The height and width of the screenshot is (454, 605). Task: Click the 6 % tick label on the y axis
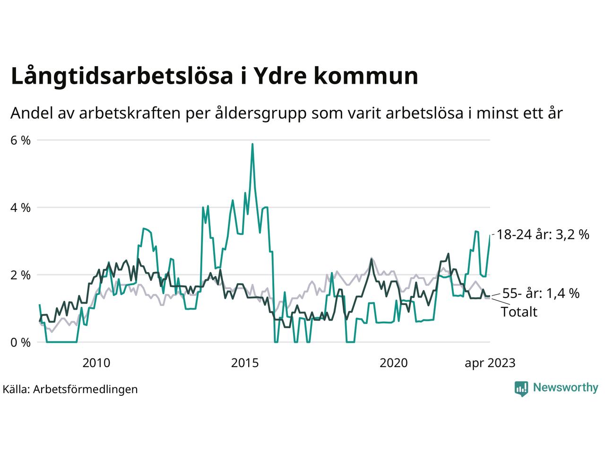click(x=20, y=140)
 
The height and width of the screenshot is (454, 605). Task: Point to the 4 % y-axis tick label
click(x=20, y=208)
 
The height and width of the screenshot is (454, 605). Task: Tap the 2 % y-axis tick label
click(x=20, y=275)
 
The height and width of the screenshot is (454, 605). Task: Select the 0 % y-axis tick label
click(x=20, y=342)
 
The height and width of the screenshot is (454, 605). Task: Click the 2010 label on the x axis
click(x=96, y=363)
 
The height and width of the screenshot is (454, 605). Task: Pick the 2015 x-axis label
click(x=245, y=363)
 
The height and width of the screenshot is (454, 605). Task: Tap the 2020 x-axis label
click(x=394, y=363)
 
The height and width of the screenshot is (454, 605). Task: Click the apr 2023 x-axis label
click(x=490, y=363)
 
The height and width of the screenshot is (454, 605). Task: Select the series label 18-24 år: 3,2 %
click(x=543, y=234)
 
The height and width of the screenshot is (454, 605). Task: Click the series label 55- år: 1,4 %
click(x=541, y=293)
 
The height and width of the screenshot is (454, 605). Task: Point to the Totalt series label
click(x=519, y=312)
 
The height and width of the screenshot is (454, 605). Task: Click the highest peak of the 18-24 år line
click(x=252, y=144)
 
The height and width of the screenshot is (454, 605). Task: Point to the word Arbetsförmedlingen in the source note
click(x=86, y=389)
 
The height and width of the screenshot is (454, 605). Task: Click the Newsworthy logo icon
click(x=521, y=388)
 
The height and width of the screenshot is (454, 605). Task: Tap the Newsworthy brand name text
click(x=565, y=388)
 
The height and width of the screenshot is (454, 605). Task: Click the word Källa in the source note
click(x=16, y=389)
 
